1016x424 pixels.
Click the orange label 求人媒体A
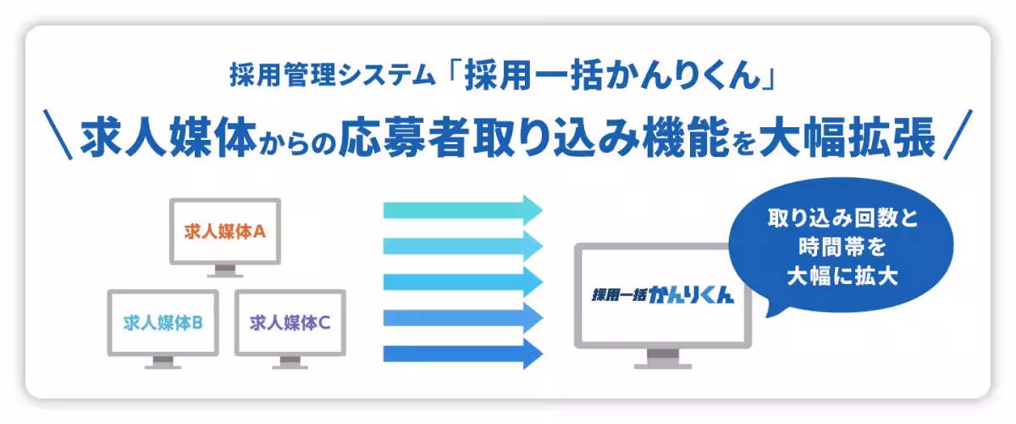[x=226, y=231]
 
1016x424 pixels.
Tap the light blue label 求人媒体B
[x=163, y=322]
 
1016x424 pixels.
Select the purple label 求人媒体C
[x=290, y=322]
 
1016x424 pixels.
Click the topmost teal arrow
[x=462, y=209]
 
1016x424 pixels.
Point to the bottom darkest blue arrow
[x=462, y=354]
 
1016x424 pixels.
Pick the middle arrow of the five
[x=462, y=282]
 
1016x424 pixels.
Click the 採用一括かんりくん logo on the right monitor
[x=663, y=298]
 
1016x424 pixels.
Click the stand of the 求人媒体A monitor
[x=226, y=271]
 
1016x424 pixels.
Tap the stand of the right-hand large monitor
[x=663, y=360]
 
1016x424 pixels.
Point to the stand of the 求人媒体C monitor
[x=290, y=362]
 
